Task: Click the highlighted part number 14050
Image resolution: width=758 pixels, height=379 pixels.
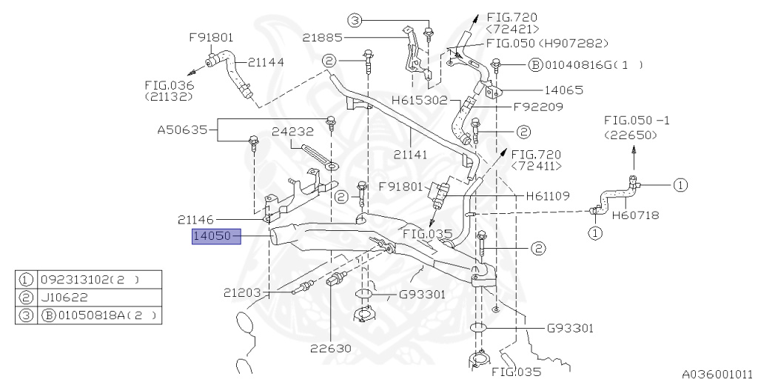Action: [x=212, y=237]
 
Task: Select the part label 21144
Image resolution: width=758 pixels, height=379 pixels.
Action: [x=266, y=61]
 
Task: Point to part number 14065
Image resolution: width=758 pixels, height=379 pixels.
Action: [x=544, y=90]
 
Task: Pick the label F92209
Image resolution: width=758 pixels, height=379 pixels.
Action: [x=538, y=107]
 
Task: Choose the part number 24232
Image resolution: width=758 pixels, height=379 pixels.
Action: [x=293, y=132]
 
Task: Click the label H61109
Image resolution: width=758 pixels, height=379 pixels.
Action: [x=547, y=196]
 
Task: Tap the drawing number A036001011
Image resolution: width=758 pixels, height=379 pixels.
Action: [x=717, y=374]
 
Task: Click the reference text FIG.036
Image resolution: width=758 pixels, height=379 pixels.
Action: [x=169, y=85]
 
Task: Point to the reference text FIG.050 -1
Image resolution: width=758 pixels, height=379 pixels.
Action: [x=634, y=120]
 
